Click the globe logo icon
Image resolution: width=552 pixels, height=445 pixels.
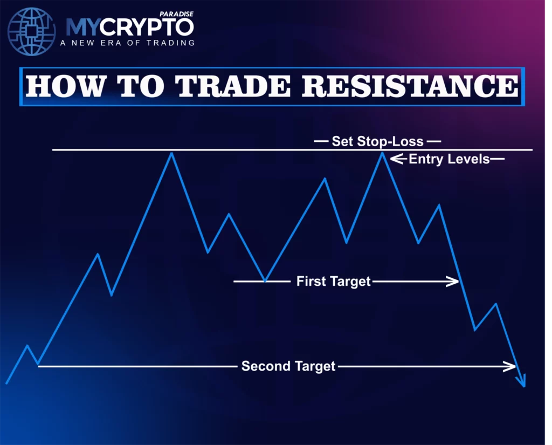pos(32,31)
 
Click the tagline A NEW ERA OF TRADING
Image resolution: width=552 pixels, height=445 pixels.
pos(130,43)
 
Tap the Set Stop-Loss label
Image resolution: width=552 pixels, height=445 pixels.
pos(377,142)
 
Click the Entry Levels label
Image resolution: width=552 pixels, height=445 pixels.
pos(449,159)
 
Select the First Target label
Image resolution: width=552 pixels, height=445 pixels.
pos(333,281)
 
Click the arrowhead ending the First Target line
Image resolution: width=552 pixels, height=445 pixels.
pos(453,281)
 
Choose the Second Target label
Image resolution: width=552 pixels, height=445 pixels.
pos(288,366)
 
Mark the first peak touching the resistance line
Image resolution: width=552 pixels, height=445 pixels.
pos(171,153)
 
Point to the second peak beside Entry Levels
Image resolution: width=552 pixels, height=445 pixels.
pos(382,153)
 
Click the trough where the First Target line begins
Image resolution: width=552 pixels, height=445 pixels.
pos(265,280)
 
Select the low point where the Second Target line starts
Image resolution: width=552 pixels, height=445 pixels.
pos(38,365)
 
